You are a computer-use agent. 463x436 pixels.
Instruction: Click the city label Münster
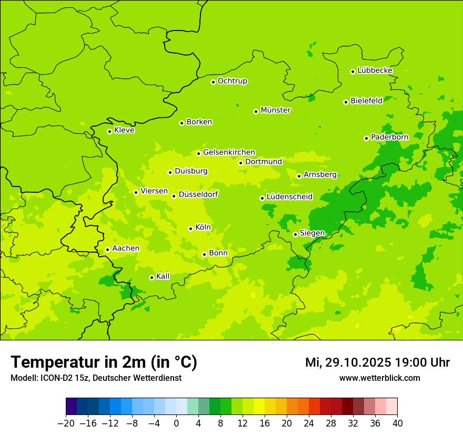point(276,110)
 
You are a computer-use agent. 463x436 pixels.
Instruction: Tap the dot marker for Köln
point(190,229)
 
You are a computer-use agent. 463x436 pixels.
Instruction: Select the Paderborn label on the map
point(389,137)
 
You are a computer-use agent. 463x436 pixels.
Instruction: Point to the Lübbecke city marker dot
point(353,71)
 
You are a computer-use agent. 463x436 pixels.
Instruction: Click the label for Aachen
point(126,248)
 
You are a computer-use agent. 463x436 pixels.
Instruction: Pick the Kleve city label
point(124,130)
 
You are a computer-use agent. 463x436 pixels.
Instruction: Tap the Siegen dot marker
point(295,234)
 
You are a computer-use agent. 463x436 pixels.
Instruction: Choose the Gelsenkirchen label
point(229,152)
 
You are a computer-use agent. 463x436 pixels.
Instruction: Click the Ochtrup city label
point(232,81)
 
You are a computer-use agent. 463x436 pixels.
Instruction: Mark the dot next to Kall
point(152,277)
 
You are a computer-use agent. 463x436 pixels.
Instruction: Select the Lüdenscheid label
point(289,197)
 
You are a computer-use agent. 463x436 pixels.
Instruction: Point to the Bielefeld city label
point(366,101)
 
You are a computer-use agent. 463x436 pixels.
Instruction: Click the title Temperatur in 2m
point(104,362)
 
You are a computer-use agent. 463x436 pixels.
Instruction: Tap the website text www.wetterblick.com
point(379,378)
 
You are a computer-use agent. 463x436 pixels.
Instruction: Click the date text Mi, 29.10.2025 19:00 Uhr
point(377,362)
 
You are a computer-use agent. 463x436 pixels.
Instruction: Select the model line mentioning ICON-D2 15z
point(96,378)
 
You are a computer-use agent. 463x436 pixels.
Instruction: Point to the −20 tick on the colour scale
point(66,423)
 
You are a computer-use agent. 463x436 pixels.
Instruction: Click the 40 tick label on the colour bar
point(397,423)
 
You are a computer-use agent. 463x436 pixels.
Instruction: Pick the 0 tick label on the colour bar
point(176,423)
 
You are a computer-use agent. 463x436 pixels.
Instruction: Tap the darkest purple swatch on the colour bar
point(71,407)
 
